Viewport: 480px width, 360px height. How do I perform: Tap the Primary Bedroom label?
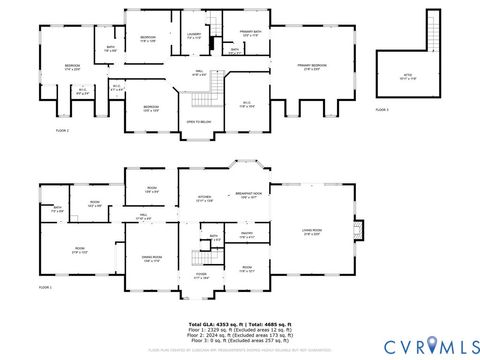pyautogui.click(x=311, y=67)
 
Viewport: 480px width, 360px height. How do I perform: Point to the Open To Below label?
pyautogui.click(x=198, y=121)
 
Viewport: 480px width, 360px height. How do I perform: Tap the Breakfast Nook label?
pyautogui.click(x=250, y=196)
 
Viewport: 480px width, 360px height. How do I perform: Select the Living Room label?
pyautogui.click(x=312, y=231)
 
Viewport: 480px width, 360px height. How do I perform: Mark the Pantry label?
pyautogui.click(x=246, y=236)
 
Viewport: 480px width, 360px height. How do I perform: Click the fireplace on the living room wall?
pyautogui.click(x=361, y=231)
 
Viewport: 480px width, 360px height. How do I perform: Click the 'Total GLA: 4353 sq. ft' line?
pyautogui.click(x=240, y=325)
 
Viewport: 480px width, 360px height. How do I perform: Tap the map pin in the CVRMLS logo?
pyautogui.click(x=433, y=345)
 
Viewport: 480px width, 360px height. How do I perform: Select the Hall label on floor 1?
pyautogui.click(x=144, y=216)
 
